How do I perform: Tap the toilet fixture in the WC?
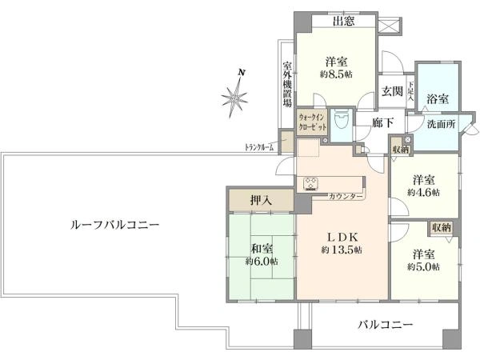tap(340, 121)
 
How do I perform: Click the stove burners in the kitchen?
tap(310, 184)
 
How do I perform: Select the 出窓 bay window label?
tap(344, 21)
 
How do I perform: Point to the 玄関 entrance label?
tap(392, 91)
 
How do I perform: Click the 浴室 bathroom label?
tap(438, 98)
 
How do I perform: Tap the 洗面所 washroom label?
tap(441, 124)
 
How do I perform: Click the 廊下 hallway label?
tap(382, 122)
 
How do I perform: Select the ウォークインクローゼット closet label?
tap(312, 122)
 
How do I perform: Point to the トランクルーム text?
tap(259, 147)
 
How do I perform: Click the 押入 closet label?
tap(261, 201)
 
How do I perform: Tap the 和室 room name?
tap(262, 248)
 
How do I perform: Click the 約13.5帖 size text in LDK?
tap(342, 250)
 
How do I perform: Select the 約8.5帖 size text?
tap(336, 74)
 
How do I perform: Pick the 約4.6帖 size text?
tap(424, 192)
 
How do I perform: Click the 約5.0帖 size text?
tap(423, 267)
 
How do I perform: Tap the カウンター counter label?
tap(346, 197)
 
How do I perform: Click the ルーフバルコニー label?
tap(114, 226)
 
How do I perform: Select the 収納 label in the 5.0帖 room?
tap(441, 228)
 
